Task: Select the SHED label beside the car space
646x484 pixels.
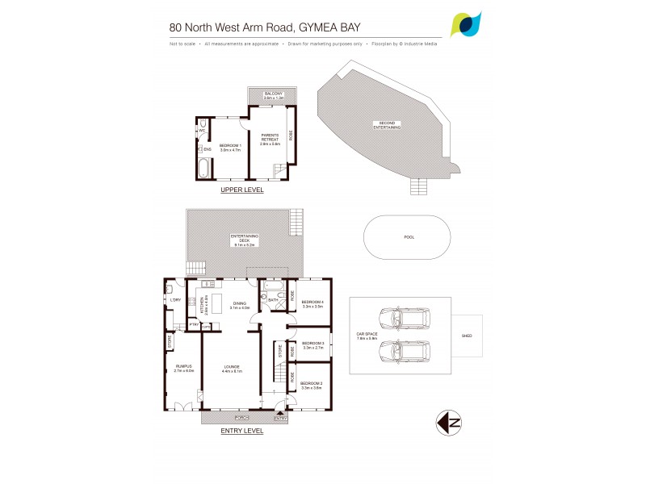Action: [466, 336]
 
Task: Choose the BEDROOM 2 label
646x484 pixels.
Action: [311, 385]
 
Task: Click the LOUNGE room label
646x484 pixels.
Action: [233, 369]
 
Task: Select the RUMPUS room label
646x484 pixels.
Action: [183, 369]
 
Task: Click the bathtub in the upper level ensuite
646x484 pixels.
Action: [203, 169]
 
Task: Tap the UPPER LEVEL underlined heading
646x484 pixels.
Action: [241, 191]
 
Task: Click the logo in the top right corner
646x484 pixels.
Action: [468, 24]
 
